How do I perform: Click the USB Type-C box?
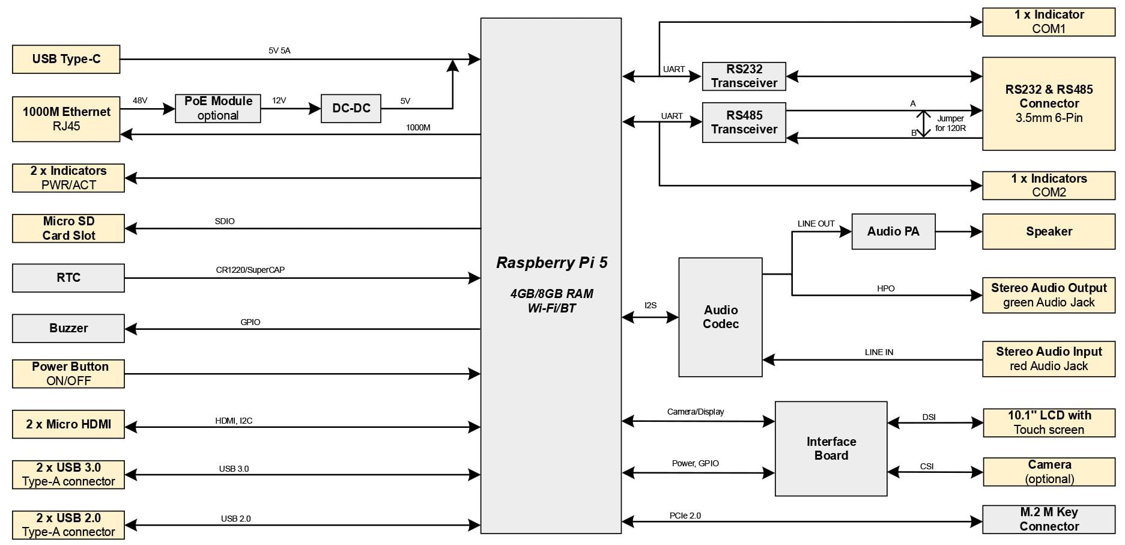tap(66, 59)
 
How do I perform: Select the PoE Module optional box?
tap(217, 108)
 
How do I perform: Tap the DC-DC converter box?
tap(351, 108)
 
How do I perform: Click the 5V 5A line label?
tap(279, 50)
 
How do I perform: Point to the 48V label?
tap(140, 100)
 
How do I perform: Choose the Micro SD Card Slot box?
tap(68, 228)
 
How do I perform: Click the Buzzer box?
tap(68, 328)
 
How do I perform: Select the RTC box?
tap(68, 278)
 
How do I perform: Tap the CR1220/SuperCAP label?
tap(250, 270)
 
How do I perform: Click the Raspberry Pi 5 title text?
tap(551, 263)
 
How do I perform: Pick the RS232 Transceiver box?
tap(744, 76)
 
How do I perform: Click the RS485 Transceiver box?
tap(744, 122)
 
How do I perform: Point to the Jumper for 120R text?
tap(950, 123)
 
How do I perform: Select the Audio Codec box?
tap(720, 317)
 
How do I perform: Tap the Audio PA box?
tap(893, 231)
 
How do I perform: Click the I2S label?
tap(650, 305)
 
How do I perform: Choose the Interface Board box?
tap(831, 448)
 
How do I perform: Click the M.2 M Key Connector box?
tap(1049, 519)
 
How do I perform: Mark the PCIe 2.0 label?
tap(685, 516)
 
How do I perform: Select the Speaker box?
tap(1049, 231)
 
